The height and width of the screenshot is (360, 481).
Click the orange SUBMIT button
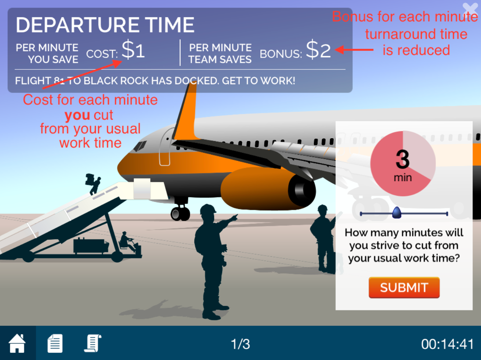404,287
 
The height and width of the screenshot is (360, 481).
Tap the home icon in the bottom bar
17,343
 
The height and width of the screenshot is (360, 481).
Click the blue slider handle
397,213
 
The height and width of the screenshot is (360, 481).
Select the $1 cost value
133,50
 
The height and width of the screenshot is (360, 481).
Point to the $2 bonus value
318,50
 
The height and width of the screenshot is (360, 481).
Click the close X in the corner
470,9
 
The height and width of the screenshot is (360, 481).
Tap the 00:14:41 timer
448,344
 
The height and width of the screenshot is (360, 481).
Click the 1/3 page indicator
240,344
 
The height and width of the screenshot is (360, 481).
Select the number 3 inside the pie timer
402,159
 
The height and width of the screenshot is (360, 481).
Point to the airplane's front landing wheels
180,213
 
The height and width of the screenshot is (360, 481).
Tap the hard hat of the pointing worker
208,209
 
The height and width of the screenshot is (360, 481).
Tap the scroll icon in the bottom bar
93,343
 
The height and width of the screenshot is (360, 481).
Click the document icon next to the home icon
55,343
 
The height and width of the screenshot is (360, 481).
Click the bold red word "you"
77,115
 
